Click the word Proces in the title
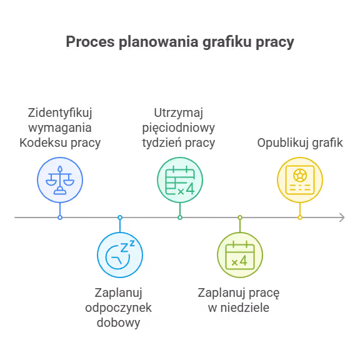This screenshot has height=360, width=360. point(90,42)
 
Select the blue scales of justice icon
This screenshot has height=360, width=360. point(60,180)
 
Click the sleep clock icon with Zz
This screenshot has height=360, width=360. point(120,254)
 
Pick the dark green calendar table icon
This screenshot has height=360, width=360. point(180,180)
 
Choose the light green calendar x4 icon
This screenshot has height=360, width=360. point(240,255)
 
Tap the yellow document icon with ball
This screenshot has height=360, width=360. point(300,180)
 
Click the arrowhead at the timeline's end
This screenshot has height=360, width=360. point(342,217)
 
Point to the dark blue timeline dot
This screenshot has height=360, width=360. point(60,217)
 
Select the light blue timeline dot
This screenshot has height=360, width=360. point(120,217)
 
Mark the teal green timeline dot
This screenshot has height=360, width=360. point(180,217)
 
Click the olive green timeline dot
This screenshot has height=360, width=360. point(240,217)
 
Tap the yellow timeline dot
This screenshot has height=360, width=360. point(300,217)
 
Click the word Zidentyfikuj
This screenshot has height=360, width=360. point(60,113)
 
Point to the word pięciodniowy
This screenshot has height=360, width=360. point(178,128)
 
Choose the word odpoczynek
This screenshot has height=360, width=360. point(119,308)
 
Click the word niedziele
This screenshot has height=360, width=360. point(245,307)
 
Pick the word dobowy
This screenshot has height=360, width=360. point(119,323)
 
